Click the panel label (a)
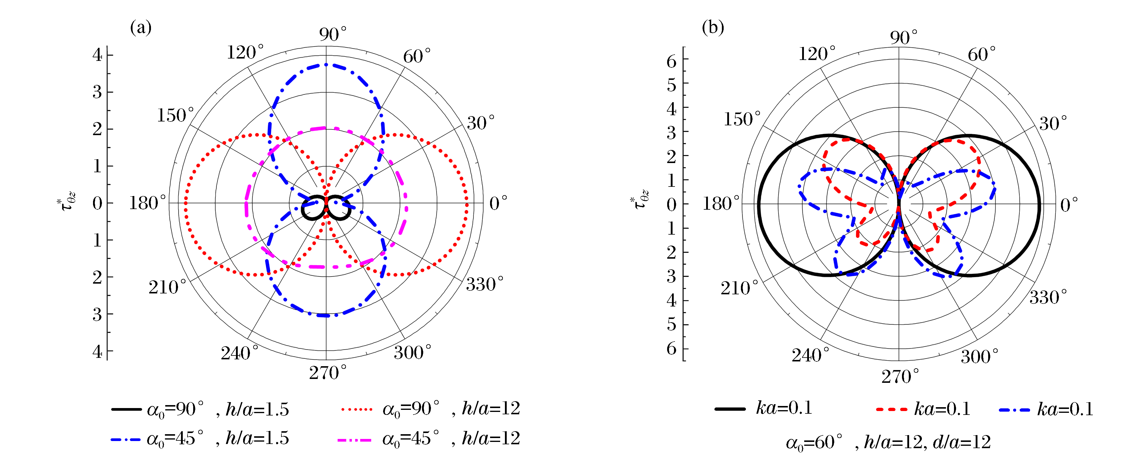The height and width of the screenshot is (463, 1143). point(141,28)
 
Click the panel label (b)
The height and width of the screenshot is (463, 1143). point(713,28)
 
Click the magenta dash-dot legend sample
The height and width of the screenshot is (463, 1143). point(354,440)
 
